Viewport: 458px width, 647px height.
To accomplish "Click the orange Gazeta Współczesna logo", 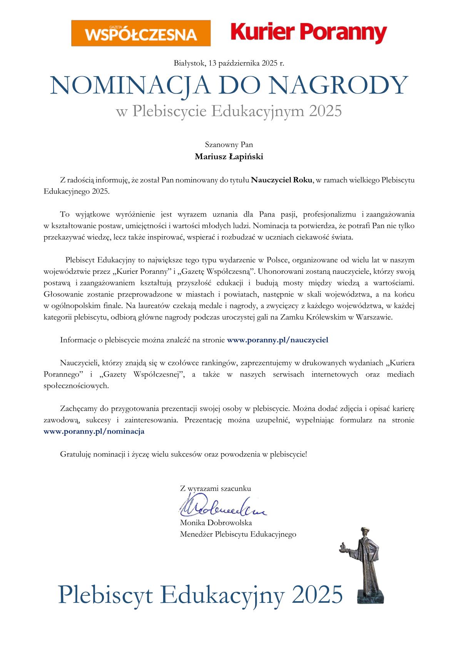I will (x=141, y=33).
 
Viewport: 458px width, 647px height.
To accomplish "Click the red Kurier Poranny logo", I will (x=309, y=33).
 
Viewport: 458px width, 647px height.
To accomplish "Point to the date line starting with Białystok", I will (x=229, y=63).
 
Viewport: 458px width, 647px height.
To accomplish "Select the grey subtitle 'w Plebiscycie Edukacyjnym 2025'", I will (x=229, y=111).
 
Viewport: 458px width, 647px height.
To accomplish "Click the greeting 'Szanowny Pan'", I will (x=229, y=145).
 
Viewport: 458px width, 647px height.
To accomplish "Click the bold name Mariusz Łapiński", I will (x=229, y=157).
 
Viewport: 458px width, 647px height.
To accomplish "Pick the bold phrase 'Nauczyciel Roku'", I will (x=281, y=180).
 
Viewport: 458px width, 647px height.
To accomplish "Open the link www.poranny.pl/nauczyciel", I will (x=277, y=340).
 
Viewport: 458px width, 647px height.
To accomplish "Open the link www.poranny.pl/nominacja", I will (x=94, y=431).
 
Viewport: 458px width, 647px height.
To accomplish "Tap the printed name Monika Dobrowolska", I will (x=216, y=523).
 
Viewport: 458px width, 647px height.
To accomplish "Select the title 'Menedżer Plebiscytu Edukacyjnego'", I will (x=238, y=534).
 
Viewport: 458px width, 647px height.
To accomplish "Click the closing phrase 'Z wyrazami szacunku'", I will (x=216, y=489).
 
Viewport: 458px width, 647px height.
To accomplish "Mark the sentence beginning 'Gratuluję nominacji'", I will (x=184, y=454).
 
